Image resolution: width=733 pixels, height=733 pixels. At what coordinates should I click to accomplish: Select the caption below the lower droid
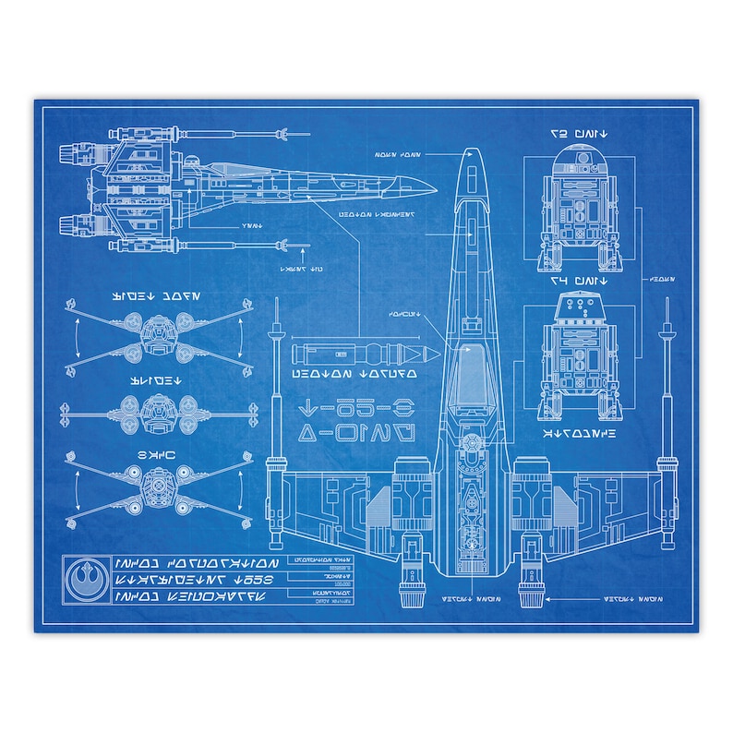pyautogui.click(x=576, y=430)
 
